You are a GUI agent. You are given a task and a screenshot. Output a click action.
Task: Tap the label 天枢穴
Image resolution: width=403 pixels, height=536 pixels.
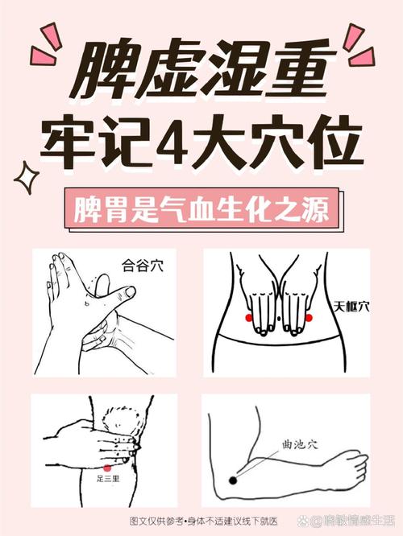(x=352, y=306)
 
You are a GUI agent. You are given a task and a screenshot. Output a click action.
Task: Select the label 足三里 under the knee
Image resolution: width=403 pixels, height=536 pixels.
(x=108, y=478)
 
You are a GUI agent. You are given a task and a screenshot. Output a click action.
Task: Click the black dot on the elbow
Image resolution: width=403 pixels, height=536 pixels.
(x=233, y=480)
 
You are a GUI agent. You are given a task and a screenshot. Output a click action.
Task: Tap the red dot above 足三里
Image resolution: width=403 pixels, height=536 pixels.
(x=107, y=467)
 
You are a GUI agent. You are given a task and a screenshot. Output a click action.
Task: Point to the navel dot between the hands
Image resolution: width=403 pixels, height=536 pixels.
(x=279, y=320)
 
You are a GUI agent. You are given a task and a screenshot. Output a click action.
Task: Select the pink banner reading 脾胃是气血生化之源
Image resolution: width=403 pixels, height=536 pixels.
(x=201, y=211)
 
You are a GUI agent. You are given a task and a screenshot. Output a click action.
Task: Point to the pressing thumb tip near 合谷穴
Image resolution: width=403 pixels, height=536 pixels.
(x=102, y=283)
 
